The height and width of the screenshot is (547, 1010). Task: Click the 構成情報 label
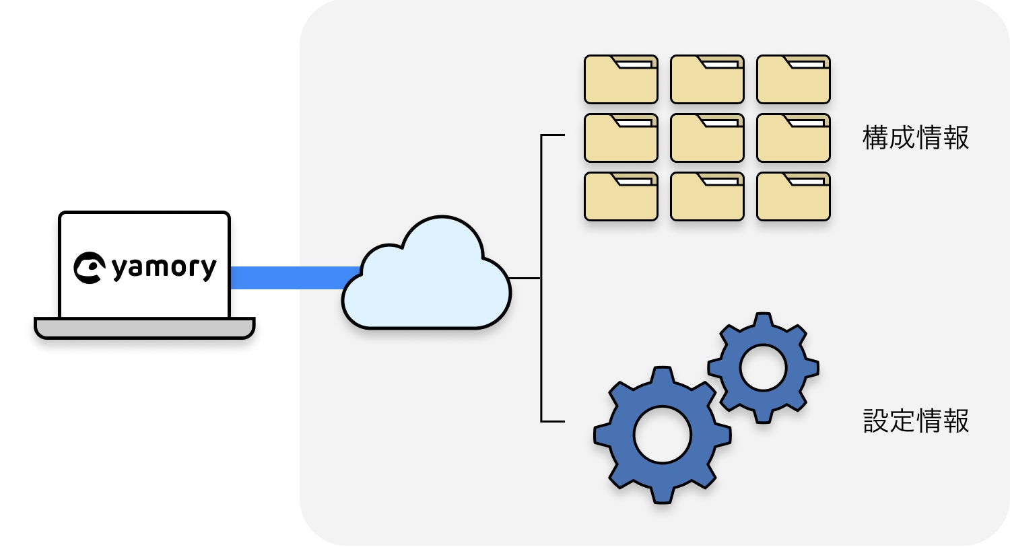coord(915,138)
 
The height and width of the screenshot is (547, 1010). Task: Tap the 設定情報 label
coord(915,421)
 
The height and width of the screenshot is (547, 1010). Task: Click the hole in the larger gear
coord(663,435)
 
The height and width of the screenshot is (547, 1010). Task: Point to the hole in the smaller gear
coord(763,367)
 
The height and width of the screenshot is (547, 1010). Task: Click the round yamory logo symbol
coord(89,268)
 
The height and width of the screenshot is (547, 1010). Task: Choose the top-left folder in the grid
coord(621,80)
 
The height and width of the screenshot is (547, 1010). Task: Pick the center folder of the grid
coord(707,139)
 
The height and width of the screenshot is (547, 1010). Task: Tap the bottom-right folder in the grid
coord(793,197)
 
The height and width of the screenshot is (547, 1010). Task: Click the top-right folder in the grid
coord(793,80)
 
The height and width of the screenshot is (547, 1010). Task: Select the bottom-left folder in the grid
coord(621,197)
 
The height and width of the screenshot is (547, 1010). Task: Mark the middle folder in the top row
coord(707,80)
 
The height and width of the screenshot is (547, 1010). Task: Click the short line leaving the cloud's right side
coord(525,278)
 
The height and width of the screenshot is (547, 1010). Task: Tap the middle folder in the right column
coord(793,139)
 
